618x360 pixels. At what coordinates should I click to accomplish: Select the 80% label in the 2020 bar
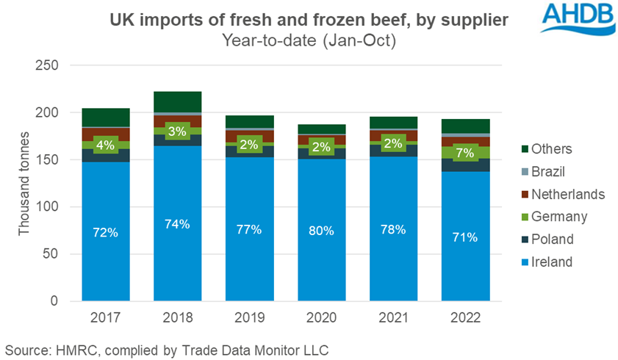click(x=321, y=230)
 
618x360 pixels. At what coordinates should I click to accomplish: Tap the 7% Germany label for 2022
click(x=465, y=153)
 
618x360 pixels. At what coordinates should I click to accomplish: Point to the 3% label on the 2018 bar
click(x=178, y=132)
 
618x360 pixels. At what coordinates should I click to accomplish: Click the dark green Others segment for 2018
click(x=178, y=101)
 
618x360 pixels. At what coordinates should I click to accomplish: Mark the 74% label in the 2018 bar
click(x=178, y=224)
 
